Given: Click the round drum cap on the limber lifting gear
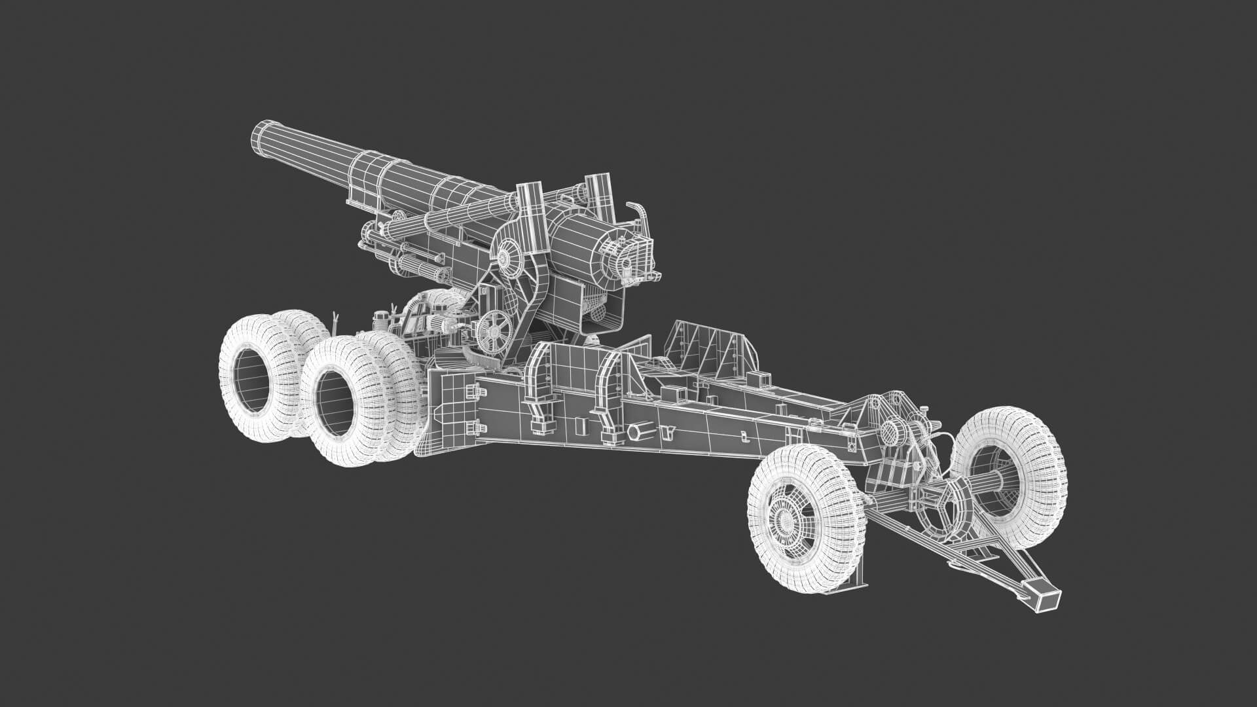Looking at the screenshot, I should pyautogui.click(x=892, y=432).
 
